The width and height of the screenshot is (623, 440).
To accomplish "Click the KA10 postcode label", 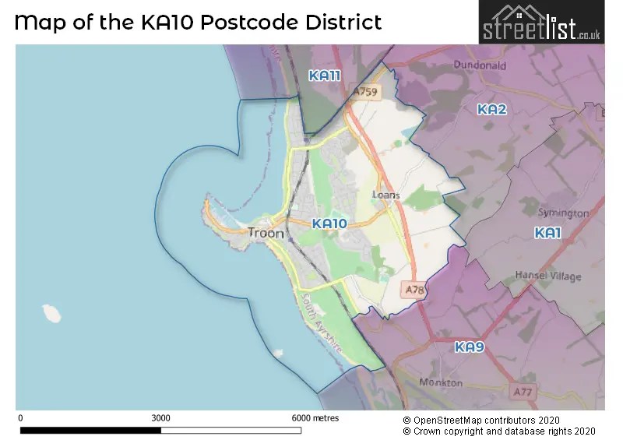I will point(329,224).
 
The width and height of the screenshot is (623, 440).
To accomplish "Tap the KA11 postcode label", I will point(325,76).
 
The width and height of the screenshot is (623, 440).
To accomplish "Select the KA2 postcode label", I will point(492,110).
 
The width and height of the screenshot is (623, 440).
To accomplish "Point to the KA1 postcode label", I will point(547,233).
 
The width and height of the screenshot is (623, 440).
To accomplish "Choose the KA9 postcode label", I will point(470,347).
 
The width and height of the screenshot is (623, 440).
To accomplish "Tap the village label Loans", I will point(386,195).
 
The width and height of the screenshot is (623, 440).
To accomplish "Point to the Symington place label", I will point(563,213).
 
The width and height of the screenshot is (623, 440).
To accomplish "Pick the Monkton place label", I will point(441,382).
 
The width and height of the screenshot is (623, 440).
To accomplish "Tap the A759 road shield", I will point(364,92).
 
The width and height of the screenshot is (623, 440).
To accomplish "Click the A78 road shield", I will point(414,290).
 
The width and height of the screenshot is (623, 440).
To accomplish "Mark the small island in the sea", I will point(52,313).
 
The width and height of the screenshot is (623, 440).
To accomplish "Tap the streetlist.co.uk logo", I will point(541,23).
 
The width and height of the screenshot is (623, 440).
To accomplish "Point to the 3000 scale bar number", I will point(160,418).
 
